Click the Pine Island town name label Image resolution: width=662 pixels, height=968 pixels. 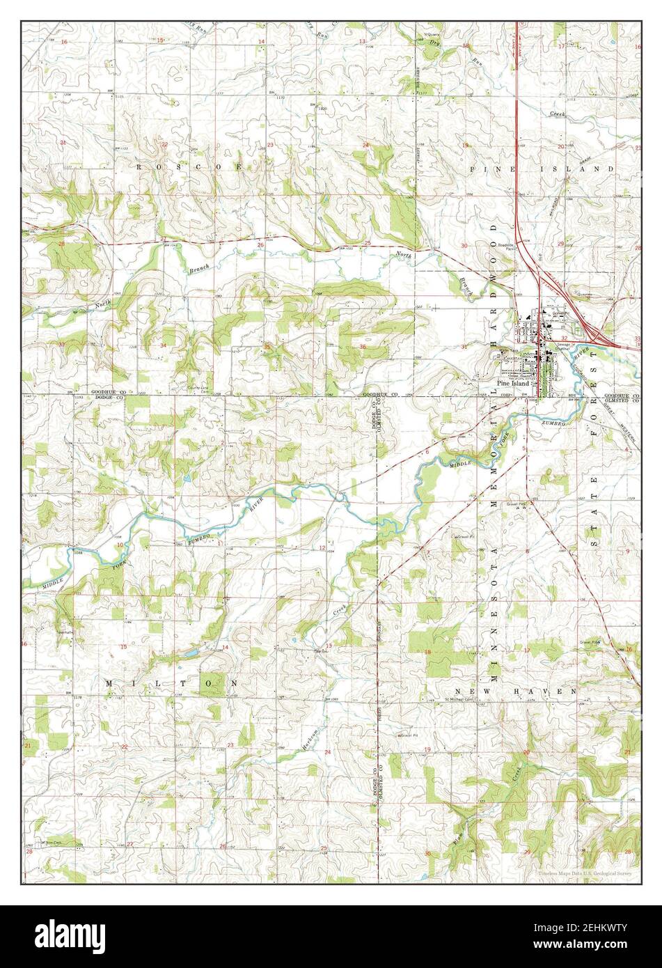(513, 383)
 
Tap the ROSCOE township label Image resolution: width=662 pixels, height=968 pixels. (188, 167)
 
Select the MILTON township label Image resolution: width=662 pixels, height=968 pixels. (171, 684)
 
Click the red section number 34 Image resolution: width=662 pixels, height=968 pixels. (163, 345)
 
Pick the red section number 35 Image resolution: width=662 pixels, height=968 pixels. (267, 346)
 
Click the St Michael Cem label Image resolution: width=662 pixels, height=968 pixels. (459, 698)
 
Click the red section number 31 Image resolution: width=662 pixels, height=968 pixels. (464, 346)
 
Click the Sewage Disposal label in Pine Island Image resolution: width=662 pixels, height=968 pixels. (565, 346)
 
